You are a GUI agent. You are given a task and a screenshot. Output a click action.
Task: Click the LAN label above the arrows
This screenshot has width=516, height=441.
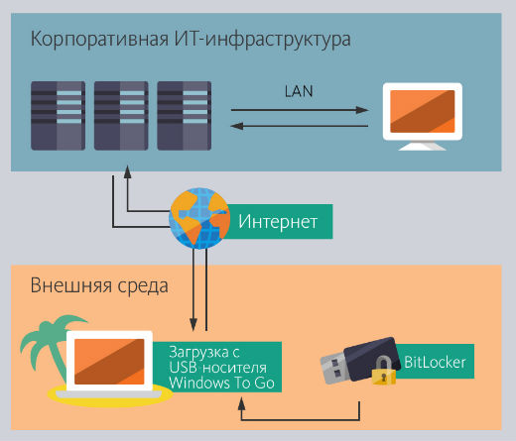(x=299, y=91)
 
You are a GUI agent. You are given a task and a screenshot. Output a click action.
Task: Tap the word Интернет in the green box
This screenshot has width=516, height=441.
(x=278, y=221)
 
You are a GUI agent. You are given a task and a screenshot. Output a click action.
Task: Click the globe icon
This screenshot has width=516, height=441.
(x=199, y=218)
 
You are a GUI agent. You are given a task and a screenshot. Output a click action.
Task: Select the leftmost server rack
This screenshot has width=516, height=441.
(x=58, y=116)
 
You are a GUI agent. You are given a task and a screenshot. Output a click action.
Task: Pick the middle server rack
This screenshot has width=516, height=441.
(x=121, y=116)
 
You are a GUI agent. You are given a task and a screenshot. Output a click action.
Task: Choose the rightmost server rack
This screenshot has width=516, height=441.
(x=185, y=116)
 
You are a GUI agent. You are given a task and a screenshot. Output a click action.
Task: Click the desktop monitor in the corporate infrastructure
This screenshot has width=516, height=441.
(x=423, y=116)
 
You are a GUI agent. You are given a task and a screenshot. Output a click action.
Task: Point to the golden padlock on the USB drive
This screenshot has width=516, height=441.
(x=384, y=371)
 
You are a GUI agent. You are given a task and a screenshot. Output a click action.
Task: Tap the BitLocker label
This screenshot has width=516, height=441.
(x=435, y=363)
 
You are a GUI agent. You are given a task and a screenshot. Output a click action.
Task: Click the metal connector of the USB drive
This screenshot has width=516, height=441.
(x=333, y=369)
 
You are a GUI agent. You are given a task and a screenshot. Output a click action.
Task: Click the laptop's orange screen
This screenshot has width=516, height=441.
(x=109, y=362)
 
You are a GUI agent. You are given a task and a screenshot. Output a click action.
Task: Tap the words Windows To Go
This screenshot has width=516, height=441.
(x=221, y=383)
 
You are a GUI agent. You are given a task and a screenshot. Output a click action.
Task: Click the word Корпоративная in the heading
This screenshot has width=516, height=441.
(x=99, y=39)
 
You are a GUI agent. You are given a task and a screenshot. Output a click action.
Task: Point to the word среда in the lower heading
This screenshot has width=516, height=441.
(x=143, y=286)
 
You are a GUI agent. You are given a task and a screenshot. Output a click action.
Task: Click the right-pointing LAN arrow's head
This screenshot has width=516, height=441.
(x=362, y=110)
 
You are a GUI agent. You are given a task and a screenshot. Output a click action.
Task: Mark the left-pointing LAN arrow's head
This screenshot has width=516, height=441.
(x=237, y=126)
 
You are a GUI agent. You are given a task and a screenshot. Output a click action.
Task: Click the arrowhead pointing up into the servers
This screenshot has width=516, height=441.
(x=127, y=172)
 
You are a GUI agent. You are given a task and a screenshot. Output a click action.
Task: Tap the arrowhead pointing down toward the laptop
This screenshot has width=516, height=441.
(x=193, y=324)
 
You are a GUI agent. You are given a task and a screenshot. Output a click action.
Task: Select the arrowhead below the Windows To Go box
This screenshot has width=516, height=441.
(x=242, y=403)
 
